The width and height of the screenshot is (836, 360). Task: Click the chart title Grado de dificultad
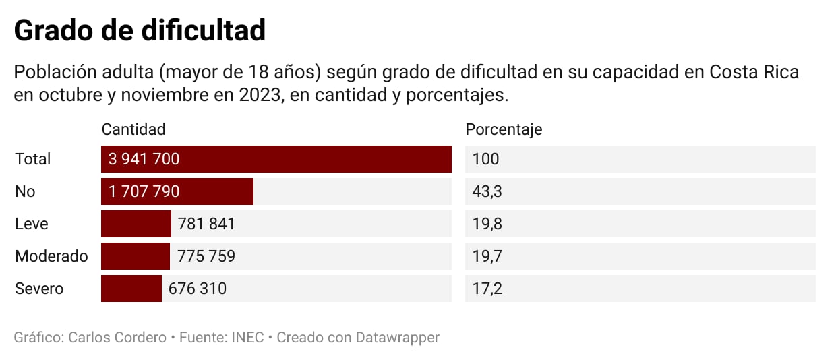[x=140, y=31]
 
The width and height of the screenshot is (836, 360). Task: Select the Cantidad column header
[x=133, y=129]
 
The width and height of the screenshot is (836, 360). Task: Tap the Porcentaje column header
[x=504, y=129]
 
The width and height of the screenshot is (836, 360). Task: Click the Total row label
[x=33, y=159]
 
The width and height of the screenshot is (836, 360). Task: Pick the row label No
[x=25, y=191]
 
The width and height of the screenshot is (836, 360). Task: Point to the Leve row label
[x=32, y=224]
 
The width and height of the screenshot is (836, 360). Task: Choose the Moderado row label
[x=51, y=256]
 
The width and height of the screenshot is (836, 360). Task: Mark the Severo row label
[x=39, y=289]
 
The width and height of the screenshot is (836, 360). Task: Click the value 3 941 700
[x=144, y=159]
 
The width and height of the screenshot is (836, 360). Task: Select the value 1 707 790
[x=144, y=191]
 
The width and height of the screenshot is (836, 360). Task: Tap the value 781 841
[x=206, y=224]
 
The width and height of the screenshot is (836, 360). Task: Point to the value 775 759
[x=206, y=256]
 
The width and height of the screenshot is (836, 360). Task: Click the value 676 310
[x=198, y=289]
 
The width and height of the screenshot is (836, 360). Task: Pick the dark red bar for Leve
[x=136, y=224]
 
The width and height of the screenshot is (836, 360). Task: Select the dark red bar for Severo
[x=131, y=289]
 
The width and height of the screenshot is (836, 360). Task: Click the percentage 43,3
[x=487, y=191]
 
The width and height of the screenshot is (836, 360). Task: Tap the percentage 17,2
[x=487, y=289]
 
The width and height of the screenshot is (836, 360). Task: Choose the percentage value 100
[x=486, y=159]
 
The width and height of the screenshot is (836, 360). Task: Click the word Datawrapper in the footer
[x=398, y=338]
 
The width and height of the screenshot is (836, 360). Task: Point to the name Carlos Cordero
[x=117, y=338]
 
